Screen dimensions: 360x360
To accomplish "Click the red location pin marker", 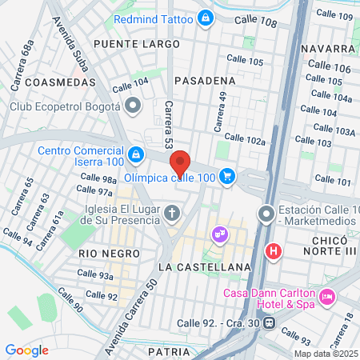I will [x=181, y=163].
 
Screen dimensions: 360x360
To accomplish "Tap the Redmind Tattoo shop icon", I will [x=206, y=18].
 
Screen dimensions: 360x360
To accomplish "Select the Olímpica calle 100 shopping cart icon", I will [x=228, y=175].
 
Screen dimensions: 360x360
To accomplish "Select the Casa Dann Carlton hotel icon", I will [x=326, y=298].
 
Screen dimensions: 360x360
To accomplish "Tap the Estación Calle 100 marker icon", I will [x=266, y=214].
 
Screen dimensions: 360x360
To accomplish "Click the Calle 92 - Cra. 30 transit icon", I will [x=270, y=324].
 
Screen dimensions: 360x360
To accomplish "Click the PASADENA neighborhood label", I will [x=205, y=80].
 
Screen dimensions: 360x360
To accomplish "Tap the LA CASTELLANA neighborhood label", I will [x=205, y=266].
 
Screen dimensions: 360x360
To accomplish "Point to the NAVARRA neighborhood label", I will [x=327, y=49].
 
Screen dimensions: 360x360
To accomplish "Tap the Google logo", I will [x=26, y=350].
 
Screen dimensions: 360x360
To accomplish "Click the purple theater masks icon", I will [x=218, y=234].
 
